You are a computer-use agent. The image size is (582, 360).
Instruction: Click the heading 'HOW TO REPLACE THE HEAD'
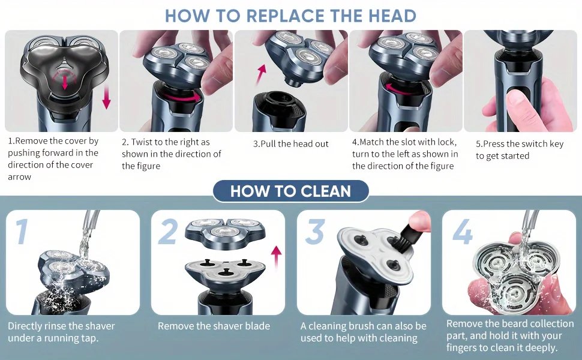[x=291, y=16]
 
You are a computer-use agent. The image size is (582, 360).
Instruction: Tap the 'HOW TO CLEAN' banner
[x=290, y=191]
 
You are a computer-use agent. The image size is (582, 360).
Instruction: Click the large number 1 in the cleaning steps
[x=22, y=232]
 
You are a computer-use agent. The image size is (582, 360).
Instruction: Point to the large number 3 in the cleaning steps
[x=314, y=232]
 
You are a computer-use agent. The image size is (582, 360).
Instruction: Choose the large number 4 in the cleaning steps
[x=461, y=232]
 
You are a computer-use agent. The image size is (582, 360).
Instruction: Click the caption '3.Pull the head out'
[x=290, y=144]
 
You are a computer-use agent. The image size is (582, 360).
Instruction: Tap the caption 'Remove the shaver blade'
[x=214, y=326]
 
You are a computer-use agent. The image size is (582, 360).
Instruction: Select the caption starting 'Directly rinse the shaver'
[x=61, y=332]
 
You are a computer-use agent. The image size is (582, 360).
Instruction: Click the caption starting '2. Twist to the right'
[x=172, y=154]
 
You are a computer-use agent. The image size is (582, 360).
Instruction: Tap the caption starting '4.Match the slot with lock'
[x=405, y=154]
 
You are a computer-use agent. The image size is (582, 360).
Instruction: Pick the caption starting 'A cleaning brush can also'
[x=363, y=332]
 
